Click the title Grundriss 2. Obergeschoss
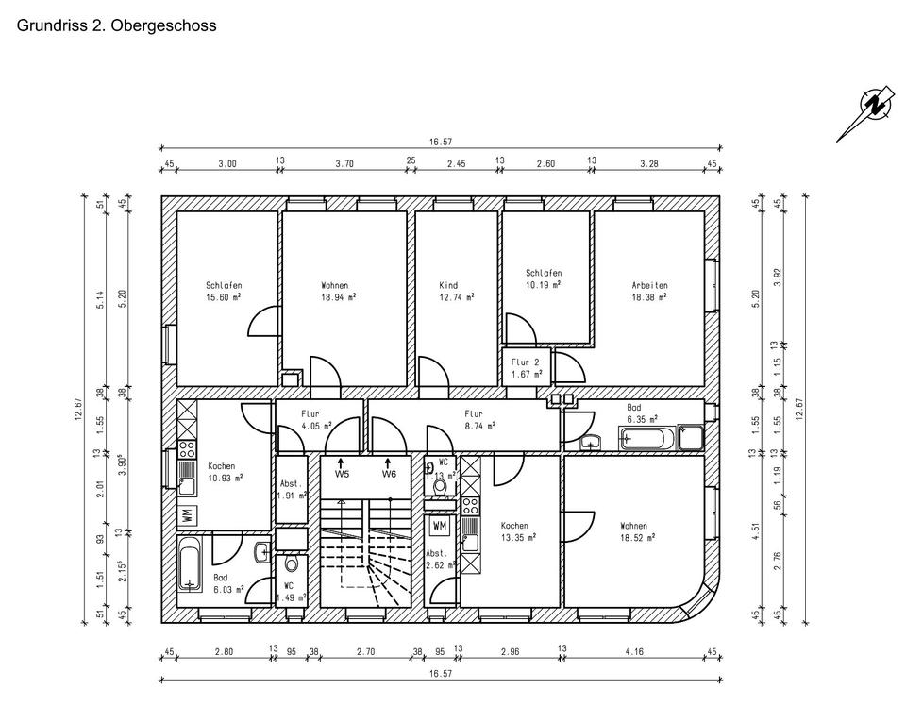point(117,25)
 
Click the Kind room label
point(448,285)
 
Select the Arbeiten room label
point(650,285)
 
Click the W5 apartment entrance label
point(342,474)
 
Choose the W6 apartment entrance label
point(389,474)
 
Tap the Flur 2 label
point(526,361)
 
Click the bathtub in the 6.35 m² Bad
point(648,438)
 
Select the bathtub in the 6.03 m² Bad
point(191,564)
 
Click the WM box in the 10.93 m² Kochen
point(188,515)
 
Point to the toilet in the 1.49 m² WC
point(291,563)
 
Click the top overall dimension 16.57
point(441,143)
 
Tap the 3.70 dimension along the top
point(344,163)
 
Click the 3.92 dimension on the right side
point(778,275)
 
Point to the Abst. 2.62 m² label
point(441,560)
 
